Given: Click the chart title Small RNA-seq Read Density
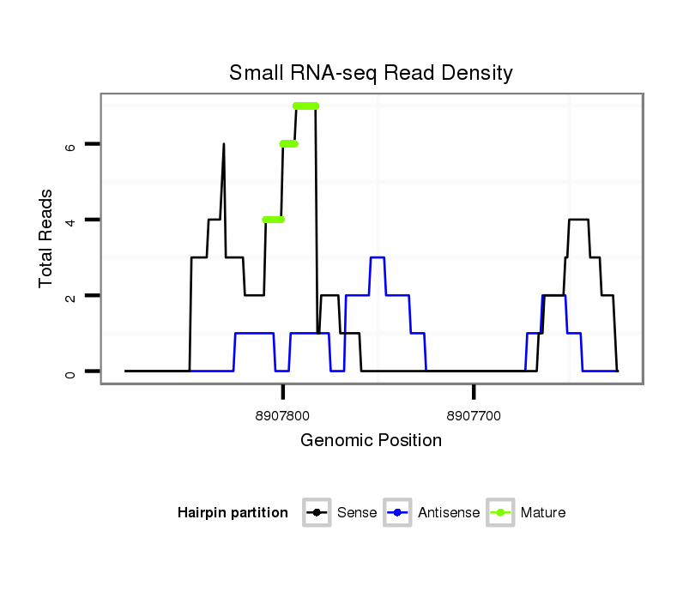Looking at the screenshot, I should tap(371, 73).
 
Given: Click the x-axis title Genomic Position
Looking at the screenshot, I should tap(371, 441).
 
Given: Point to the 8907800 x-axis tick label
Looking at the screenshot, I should tap(282, 415).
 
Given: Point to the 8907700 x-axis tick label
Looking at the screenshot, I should tap(474, 415).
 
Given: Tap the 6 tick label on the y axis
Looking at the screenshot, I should tap(70, 144).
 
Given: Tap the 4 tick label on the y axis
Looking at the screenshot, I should tap(70, 220).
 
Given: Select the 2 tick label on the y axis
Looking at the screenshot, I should tap(70, 295).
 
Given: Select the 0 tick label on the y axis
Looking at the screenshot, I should tap(70, 372).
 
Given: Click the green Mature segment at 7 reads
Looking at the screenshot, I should tap(305, 106).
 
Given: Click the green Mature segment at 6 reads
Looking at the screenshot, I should tap(289, 143).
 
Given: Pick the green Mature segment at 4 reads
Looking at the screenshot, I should tap(273, 220).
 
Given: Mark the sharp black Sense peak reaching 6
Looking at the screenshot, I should tap(224, 146).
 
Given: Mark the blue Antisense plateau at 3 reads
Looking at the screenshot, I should tap(378, 257).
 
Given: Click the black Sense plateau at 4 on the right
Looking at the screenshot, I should tap(578, 220).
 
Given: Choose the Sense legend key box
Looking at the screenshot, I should tap(317, 513).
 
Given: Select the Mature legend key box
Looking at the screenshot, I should tap(500, 513).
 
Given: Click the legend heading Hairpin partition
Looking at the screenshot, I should tap(233, 513).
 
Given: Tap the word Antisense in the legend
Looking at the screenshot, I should tap(449, 513).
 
